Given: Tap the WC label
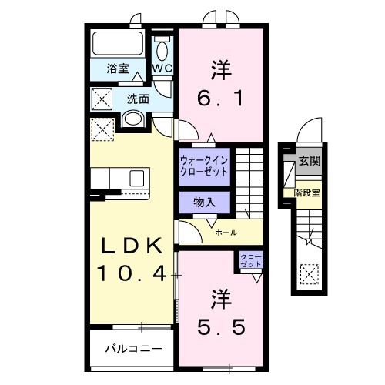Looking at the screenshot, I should point(162,69).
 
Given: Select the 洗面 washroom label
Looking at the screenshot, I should point(138,99).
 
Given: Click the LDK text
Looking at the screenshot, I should point(132,247).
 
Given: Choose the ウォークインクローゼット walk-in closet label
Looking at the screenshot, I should point(204,166).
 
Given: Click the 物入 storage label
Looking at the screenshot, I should point(203,203).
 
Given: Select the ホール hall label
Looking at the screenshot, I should point(226,232).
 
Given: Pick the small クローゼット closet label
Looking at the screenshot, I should point(250,260).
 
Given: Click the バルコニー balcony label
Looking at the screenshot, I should point(133,349).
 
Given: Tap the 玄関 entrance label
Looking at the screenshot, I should point(310,161).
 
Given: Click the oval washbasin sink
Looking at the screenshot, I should point(132,119).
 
